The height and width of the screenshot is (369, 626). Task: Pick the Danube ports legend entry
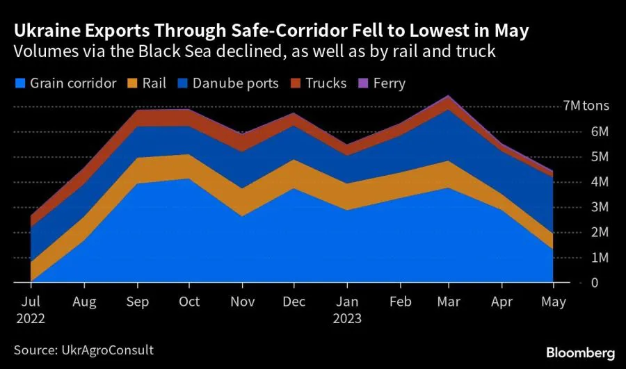point(236,83)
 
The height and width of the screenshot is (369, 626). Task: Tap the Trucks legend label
point(326,83)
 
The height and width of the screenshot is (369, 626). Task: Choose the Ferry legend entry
point(389,83)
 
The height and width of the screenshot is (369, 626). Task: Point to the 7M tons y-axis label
point(586,106)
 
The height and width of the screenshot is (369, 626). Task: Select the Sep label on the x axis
point(137,302)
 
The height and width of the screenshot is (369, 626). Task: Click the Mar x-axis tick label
point(449,302)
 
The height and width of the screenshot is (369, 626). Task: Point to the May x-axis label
point(554,302)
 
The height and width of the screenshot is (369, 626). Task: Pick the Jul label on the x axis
point(31,302)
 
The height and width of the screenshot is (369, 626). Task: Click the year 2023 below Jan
point(347,319)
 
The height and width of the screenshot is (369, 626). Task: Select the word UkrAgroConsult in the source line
point(107,350)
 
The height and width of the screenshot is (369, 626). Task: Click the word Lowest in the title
point(431,31)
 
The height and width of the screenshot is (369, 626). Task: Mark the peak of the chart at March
point(449,96)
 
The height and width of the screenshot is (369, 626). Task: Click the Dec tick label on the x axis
point(293,302)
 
